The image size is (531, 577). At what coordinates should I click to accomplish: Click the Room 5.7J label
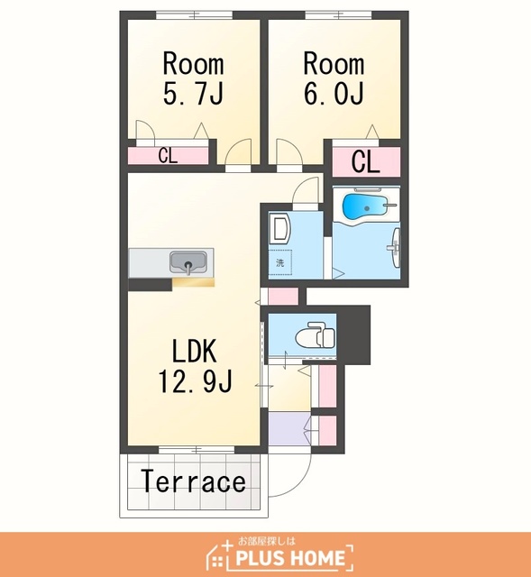coord(193,78)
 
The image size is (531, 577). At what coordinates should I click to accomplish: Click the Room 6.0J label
coord(334,78)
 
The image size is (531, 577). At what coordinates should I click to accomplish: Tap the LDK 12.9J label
coord(195,366)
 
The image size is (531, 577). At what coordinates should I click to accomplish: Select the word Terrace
coord(194,481)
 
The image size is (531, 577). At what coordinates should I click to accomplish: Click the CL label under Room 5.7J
coord(169,156)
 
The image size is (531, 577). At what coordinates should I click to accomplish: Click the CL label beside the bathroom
coord(365,161)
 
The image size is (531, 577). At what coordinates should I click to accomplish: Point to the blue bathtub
coord(365,207)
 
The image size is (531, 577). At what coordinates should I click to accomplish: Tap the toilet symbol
coord(315,334)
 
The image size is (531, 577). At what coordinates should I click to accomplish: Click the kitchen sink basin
coord(188,262)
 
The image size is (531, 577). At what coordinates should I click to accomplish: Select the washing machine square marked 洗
coord(280,262)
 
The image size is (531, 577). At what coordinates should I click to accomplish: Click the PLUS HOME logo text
coord(290,558)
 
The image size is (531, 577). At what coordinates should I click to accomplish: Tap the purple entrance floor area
coord(289,428)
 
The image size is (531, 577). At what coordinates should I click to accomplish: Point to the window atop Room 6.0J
coord(339,15)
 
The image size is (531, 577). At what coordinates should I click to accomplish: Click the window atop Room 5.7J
coord(195,15)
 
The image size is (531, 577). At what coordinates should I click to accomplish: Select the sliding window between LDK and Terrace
coord(197,450)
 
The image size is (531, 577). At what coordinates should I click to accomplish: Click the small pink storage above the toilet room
coord(283,297)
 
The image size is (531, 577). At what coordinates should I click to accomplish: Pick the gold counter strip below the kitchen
coord(193,282)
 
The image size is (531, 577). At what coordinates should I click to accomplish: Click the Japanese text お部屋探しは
coord(267,541)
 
